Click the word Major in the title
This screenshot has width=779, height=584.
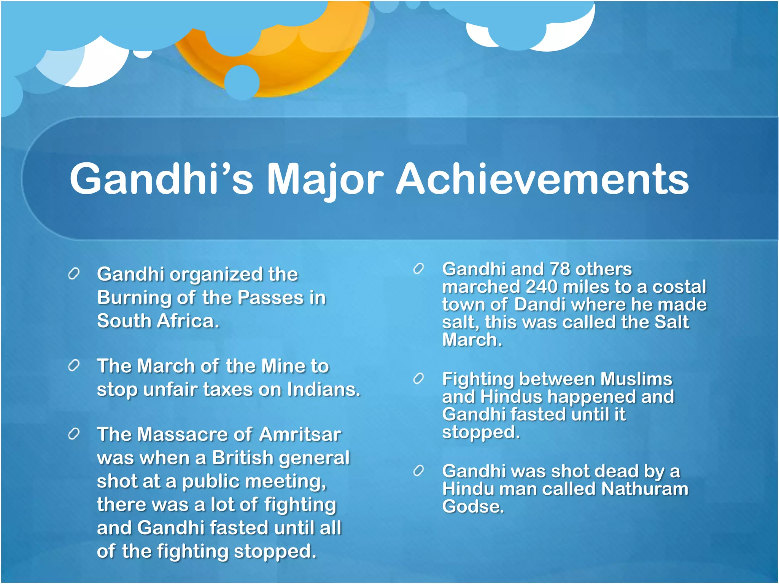click(324, 179)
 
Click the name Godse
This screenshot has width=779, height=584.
click(472, 506)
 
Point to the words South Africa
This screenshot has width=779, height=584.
click(157, 321)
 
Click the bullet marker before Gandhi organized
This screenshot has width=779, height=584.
click(73, 274)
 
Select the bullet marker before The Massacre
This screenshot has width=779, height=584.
click(73, 434)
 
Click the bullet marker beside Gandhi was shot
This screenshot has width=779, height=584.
click(418, 471)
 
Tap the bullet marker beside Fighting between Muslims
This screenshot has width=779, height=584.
click(418, 379)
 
